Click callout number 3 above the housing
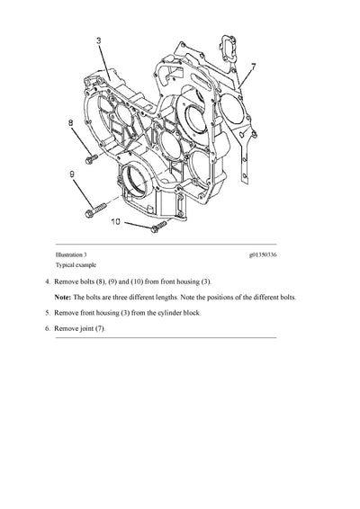click(x=98, y=40)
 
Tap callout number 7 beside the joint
click(x=253, y=67)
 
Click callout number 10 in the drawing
click(x=115, y=219)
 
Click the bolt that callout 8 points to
click(x=89, y=160)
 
